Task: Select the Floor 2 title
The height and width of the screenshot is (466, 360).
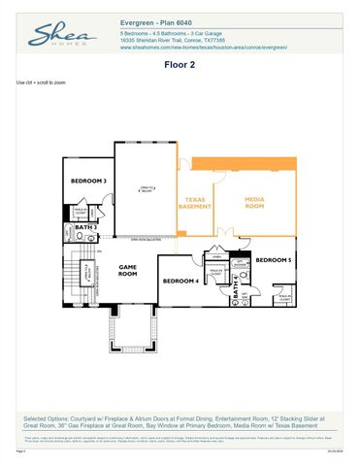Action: (180, 69)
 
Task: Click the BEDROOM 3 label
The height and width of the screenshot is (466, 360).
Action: (89, 181)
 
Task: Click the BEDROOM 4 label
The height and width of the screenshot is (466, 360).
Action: (180, 281)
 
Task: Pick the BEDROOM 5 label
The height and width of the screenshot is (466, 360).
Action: (273, 259)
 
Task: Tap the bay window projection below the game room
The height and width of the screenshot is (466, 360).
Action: (132, 334)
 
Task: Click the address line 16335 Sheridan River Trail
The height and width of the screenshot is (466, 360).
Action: (175, 39)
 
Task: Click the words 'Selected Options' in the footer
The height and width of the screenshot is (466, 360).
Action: (44, 417)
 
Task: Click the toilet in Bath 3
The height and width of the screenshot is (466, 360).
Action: (70, 236)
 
